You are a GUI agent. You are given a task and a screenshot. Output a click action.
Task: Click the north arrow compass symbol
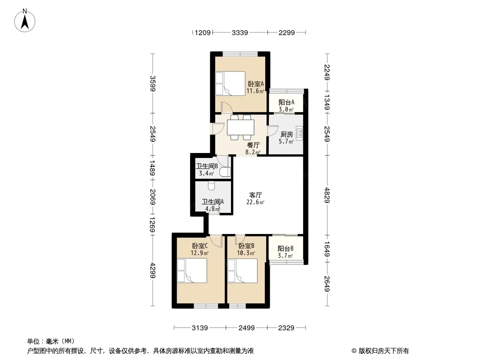(25, 21)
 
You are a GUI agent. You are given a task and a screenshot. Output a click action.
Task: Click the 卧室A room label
(256, 84)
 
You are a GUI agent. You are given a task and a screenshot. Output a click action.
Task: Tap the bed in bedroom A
(230, 84)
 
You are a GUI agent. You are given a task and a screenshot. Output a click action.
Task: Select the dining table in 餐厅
(240, 127)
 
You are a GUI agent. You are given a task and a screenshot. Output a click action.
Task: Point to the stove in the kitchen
(299, 133)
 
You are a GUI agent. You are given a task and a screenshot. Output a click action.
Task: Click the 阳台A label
(286, 103)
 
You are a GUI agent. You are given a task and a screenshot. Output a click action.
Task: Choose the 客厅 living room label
(256, 195)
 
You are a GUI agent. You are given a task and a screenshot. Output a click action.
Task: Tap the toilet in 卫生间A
(211, 185)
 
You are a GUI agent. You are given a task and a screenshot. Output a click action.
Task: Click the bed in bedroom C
(192, 270)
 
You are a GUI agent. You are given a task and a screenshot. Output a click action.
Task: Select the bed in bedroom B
(242, 270)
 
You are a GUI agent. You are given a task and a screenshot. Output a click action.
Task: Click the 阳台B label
(285, 249)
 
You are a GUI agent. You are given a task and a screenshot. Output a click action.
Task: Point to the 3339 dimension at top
(240, 32)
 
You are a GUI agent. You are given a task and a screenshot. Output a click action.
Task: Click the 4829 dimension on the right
(327, 195)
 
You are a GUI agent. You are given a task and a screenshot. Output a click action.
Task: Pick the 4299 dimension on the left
(153, 270)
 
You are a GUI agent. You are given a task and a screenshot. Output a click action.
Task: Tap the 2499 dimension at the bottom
(246, 328)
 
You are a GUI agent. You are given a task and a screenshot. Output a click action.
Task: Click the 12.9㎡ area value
(199, 253)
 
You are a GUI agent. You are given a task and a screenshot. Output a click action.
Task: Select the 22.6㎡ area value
(255, 202)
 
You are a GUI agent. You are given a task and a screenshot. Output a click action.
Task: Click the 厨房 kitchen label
(286, 134)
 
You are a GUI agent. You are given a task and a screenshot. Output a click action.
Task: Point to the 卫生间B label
(207, 166)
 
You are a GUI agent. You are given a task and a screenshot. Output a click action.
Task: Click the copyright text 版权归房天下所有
(384, 351)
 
